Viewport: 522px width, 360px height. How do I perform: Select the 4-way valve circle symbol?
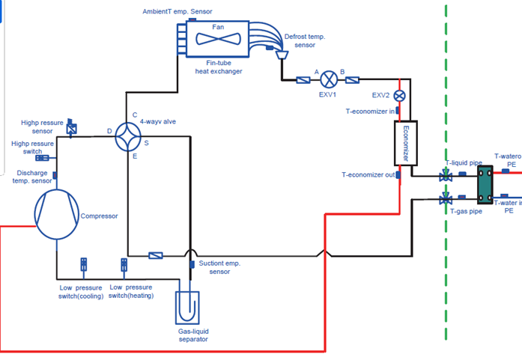click(132, 135)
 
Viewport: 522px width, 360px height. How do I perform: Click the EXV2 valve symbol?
click(399, 96)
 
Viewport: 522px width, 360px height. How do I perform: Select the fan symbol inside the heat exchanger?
click(218, 37)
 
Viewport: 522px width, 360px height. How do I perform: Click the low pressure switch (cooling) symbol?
click(84, 265)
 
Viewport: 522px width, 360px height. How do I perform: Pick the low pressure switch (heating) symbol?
click(124, 265)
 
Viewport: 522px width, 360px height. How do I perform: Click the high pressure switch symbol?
click(43, 158)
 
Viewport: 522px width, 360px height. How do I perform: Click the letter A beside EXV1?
click(317, 72)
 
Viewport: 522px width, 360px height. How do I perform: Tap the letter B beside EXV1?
click(342, 72)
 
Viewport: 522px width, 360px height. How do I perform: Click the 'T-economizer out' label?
click(368, 175)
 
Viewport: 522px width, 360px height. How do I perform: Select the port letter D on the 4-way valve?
click(109, 131)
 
